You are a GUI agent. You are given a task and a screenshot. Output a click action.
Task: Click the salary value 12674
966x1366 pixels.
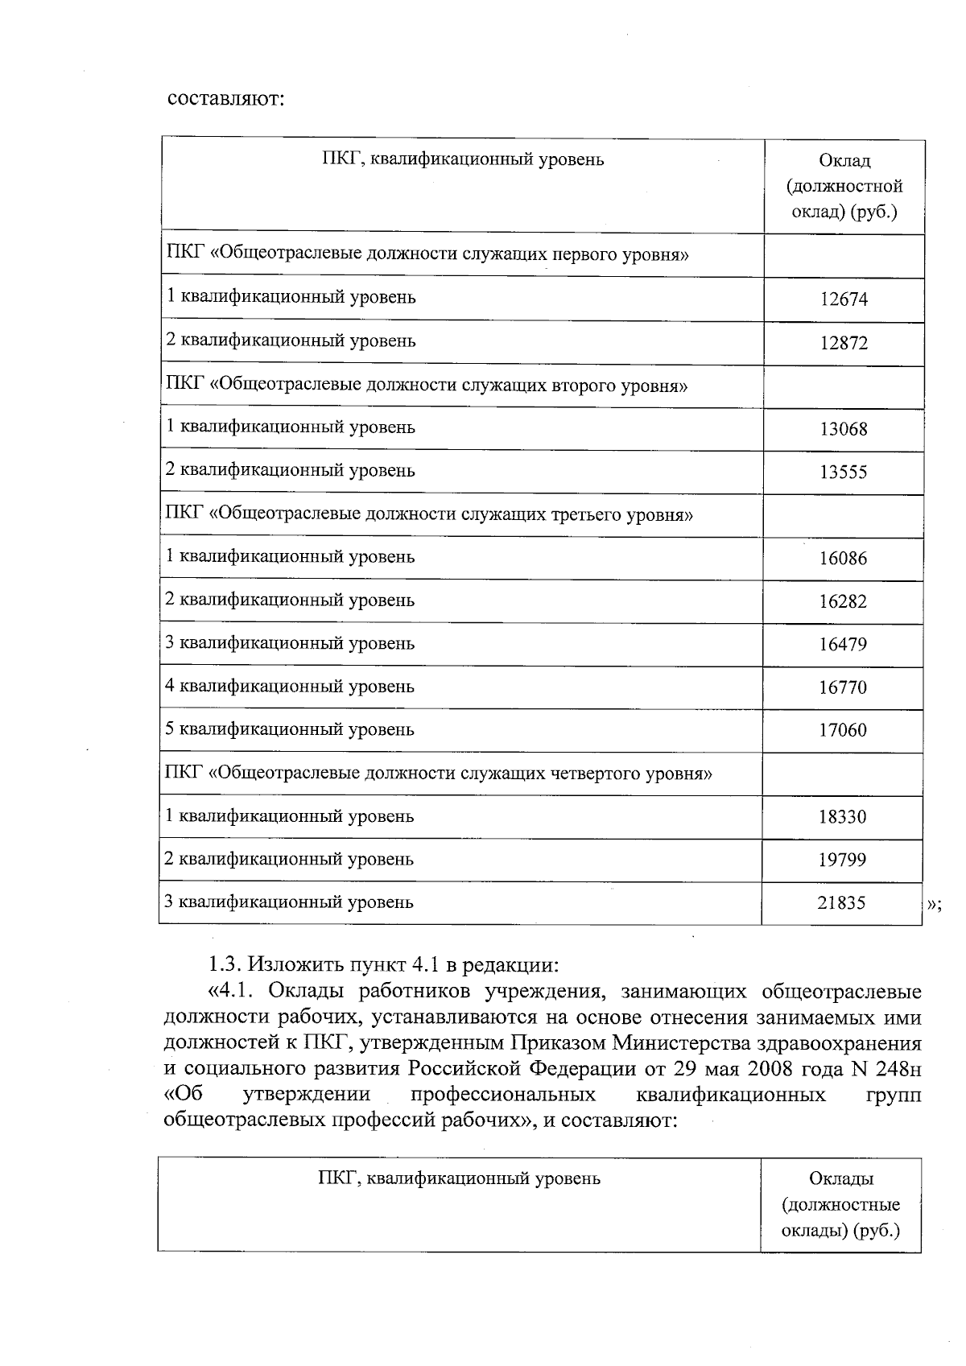click(844, 299)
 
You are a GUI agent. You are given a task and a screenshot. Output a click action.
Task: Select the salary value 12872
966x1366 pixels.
click(844, 343)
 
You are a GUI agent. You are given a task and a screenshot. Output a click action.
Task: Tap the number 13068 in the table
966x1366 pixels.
click(844, 429)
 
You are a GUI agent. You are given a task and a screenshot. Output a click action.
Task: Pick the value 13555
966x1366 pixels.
click(844, 473)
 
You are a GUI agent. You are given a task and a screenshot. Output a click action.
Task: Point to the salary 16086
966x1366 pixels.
click(843, 559)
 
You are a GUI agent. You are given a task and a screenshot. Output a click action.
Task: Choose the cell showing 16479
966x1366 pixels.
click(843, 645)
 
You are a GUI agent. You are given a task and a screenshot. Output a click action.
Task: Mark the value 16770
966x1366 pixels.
click(843, 688)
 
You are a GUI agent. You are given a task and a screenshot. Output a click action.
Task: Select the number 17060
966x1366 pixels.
click(843, 731)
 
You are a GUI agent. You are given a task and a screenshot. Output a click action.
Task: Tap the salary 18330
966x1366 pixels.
click(842, 817)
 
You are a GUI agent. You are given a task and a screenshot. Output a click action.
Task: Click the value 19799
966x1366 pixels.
click(842, 860)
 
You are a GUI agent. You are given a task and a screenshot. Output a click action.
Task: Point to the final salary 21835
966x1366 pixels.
click(841, 903)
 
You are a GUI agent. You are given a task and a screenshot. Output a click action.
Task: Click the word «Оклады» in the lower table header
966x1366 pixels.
click(841, 1179)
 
